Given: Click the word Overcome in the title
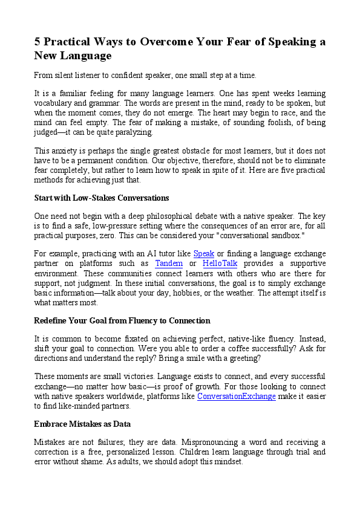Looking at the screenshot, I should pyautogui.click(x=166, y=42).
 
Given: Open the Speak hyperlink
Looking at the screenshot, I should pyautogui.click(x=203, y=254).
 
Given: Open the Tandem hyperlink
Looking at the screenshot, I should pyautogui.click(x=169, y=264).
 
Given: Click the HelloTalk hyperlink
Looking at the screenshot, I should pyautogui.click(x=220, y=264).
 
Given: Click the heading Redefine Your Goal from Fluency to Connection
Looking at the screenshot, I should pyautogui.click(x=122, y=320).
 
